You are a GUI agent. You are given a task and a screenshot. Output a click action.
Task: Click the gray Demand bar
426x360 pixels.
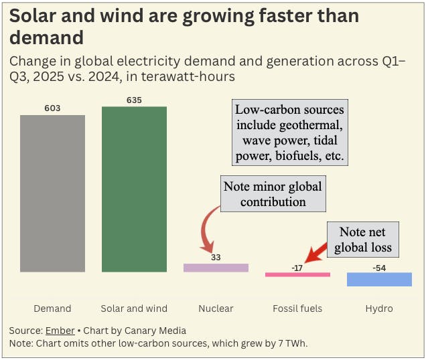pyautogui.click(x=52, y=193)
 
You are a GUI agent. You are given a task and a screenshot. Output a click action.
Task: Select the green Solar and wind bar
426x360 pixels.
pyautogui.click(x=134, y=189)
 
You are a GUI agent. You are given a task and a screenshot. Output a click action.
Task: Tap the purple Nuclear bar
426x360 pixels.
pyautogui.click(x=216, y=268)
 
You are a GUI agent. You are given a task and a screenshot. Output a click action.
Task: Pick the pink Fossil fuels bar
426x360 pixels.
pyautogui.click(x=297, y=274)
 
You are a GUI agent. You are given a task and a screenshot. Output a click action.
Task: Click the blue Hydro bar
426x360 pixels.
pyautogui.click(x=379, y=279)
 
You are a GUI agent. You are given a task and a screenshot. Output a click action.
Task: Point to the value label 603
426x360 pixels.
pyautogui.click(x=52, y=108)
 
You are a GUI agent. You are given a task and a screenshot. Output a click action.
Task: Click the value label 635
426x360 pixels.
pyautogui.click(x=134, y=100)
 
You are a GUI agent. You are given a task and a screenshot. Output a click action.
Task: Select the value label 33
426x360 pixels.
pyautogui.click(x=216, y=256)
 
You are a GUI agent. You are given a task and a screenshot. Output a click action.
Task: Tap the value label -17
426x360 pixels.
pyautogui.click(x=297, y=267)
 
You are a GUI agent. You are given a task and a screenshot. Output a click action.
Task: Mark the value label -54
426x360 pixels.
pyautogui.click(x=379, y=267)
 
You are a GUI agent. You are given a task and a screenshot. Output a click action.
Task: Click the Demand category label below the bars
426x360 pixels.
pyautogui.click(x=52, y=308)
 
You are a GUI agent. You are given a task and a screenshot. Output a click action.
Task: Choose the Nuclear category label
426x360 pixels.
pyautogui.click(x=216, y=308)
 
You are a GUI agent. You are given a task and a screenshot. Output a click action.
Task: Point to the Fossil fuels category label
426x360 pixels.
pyautogui.click(x=297, y=308)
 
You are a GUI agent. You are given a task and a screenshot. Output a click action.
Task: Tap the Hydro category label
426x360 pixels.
pyautogui.click(x=379, y=308)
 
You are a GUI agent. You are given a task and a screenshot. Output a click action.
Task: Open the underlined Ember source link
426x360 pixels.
pyautogui.click(x=56, y=331)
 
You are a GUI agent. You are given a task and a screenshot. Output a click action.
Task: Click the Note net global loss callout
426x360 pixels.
pyautogui.click(x=362, y=240)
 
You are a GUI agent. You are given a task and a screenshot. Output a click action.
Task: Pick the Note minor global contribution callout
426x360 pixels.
pyautogui.click(x=273, y=193)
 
